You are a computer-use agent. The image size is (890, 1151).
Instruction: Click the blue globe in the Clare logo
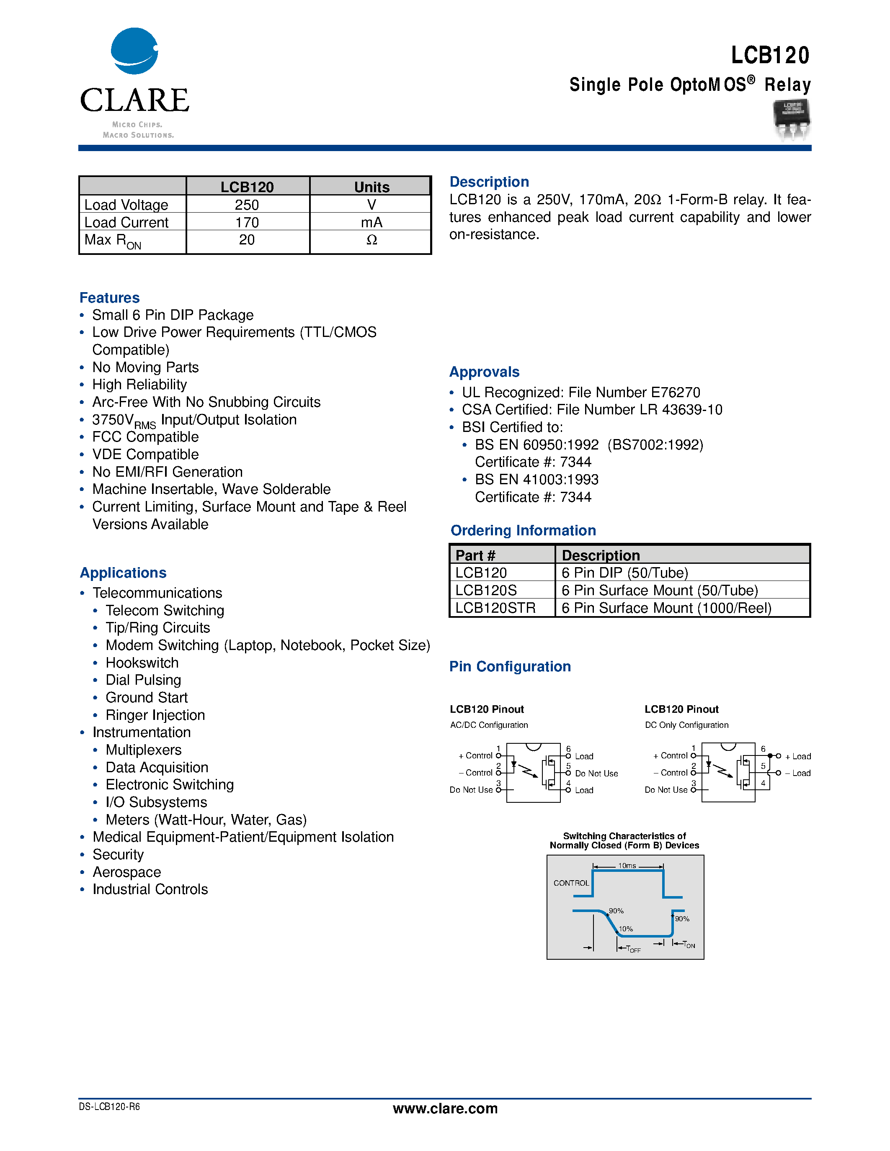coord(134,51)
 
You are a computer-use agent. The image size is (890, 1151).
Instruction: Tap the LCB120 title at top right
coord(769,55)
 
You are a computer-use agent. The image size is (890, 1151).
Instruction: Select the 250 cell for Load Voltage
coord(247,205)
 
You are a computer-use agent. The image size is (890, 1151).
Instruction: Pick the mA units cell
coord(371,222)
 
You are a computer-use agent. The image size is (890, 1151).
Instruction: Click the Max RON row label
coord(113,241)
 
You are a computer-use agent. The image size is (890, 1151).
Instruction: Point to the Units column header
coord(371,187)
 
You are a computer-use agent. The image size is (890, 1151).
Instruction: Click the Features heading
coord(110,298)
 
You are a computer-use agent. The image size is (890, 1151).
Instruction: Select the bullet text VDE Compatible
coord(145,454)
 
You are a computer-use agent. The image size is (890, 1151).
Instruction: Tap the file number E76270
coord(676,393)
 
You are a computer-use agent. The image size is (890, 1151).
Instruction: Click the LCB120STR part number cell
coord(495,608)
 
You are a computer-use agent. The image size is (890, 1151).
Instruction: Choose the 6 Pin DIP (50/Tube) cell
coord(624,573)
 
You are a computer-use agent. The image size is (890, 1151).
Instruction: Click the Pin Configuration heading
coord(510,667)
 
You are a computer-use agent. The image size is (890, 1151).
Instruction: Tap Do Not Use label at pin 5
coord(596,773)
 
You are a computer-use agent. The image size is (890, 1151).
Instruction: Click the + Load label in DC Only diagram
coord(798,756)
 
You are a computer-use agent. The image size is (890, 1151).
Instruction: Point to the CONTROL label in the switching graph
coord(570,883)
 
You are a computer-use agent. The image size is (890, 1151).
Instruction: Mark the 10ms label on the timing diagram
coord(627,866)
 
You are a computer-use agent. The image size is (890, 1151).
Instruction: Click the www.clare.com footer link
coord(445,1108)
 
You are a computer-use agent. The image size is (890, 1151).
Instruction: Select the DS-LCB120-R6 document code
coord(109,1107)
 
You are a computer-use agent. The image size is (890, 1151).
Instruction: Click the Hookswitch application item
coord(142,663)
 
